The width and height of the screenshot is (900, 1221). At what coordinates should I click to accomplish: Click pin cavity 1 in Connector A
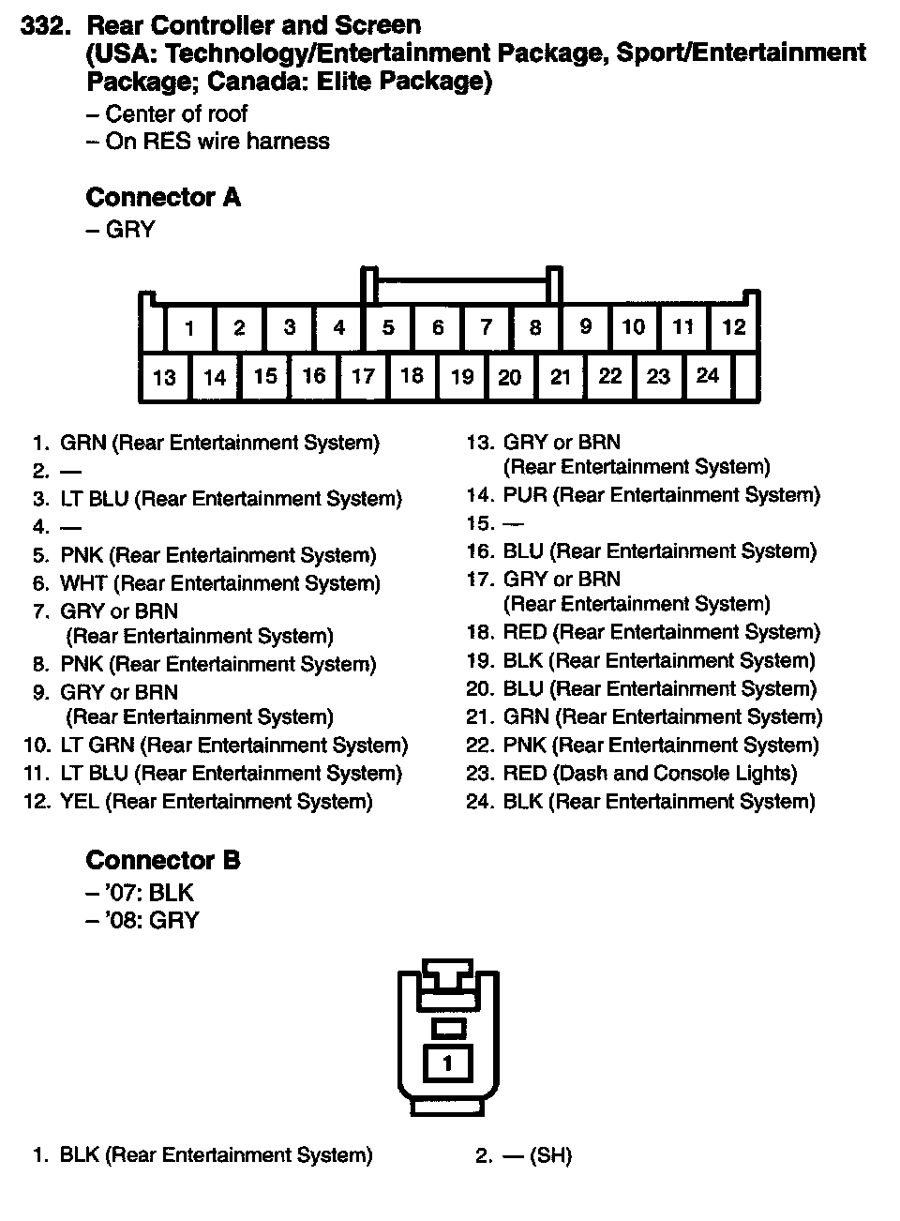click(189, 328)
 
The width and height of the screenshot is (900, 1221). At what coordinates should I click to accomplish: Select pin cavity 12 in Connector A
click(733, 327)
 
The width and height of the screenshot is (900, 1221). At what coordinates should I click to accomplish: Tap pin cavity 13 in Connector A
click(164, 378)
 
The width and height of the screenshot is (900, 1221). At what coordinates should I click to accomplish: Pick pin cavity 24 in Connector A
click(708, 376)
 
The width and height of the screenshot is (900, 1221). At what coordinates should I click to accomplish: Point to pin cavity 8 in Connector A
click(535, 328)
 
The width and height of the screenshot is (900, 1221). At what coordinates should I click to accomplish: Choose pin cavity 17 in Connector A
click(363, 377)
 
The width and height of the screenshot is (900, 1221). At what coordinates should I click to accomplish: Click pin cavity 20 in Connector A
click(510, 378)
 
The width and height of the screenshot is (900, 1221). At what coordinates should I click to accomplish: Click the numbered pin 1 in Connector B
click(447, 1063)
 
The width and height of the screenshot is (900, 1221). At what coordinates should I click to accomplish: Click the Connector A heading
click(163, 198)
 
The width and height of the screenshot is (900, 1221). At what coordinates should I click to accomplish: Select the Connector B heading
click(163, 860)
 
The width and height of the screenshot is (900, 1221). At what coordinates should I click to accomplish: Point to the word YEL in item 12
click(80, 802)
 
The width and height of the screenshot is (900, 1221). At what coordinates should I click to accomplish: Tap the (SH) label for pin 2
click(550, 1155)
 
